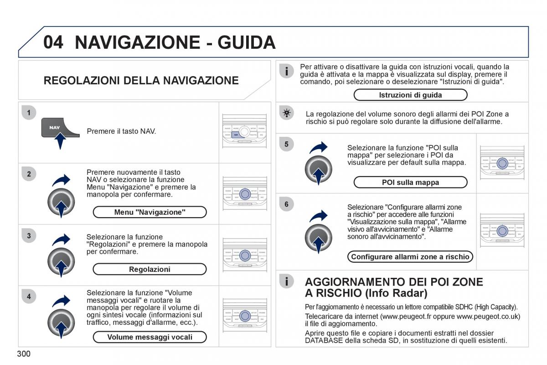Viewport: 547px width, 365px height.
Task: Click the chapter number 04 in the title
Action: pyautogui.click(x=54, y=42)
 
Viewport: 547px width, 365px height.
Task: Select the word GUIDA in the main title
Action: pyautogui.click(x=247, y=42)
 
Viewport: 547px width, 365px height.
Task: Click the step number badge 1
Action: pyautogui.click(x=29, y=113)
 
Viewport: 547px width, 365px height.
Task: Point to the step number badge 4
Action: pyautogui.click(x=29, y=296)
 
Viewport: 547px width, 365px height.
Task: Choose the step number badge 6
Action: pyautogui.click(x=286, y=204)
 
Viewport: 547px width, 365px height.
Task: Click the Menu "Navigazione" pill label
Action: pyautogui.click(x=150, y=212)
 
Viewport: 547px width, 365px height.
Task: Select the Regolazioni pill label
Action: pyautogui.click(x=150, y=269)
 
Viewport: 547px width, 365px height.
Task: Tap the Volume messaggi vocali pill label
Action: pyautogui.click(x=150, y=337)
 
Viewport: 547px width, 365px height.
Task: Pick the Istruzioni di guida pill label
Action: pyautogui.click(x=410, y=95)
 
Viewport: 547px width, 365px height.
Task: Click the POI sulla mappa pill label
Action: pyautogui.click(x=410, y=182)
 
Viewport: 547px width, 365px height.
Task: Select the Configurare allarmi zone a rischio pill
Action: pyautogui.click(x=410, y=257)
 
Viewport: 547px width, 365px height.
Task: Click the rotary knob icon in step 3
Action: pyautogui.click(x=61, y=262)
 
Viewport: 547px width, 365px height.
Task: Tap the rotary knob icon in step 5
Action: pyautogui.click(x=318, y=170)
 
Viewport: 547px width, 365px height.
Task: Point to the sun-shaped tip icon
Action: pyautogui.click(x=286, y=113)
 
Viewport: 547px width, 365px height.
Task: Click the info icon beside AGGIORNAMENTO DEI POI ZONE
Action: pyautogui.click(x=286, y=282)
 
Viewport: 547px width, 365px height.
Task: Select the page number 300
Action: pyautogui.click(x=24, y=354)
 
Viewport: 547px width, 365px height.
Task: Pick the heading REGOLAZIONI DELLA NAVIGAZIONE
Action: pyautogui.click(x=141, y=81)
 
